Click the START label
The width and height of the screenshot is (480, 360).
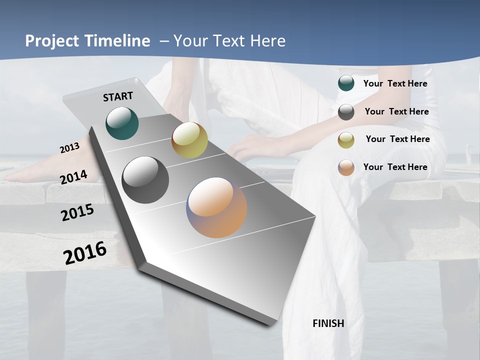(118, 96)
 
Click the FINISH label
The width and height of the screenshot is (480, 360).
(328, 323)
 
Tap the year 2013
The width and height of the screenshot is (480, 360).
(69, 148)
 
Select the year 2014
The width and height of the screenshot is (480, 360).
(74, 177)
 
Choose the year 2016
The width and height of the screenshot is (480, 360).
(85, 253)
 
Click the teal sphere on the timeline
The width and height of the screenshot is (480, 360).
(122, 123)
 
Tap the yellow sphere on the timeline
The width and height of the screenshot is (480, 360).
(189, 140)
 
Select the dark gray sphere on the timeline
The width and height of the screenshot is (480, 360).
(145, 180)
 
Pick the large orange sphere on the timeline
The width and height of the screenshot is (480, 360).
(216, 207)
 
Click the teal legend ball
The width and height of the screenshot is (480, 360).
(346, 83)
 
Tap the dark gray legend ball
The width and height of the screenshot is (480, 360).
(346, 112)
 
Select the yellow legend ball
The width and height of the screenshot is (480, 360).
(346, 140)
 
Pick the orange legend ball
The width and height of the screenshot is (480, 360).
(346, 167)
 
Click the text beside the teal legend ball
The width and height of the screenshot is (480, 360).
(395, 83)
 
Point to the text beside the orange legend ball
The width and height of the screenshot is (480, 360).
(395, 167)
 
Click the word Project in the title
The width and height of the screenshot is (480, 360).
(52, 41)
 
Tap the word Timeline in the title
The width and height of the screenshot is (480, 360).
(118, 41)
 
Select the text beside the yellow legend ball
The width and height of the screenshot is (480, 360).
(397, 139)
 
